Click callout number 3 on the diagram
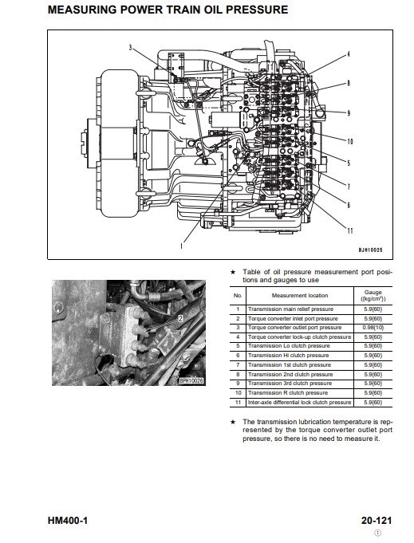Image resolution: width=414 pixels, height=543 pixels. coord(131,48)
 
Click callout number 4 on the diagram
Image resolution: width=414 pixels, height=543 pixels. coord(349,54)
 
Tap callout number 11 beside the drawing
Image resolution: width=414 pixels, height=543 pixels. coord(350,230)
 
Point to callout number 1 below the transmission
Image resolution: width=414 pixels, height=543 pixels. coord(181,246)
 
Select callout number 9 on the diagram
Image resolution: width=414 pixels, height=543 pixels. coord(349,113)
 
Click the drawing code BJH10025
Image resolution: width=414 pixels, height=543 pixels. coord(370,250)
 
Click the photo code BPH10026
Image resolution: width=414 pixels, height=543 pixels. coord(192,381)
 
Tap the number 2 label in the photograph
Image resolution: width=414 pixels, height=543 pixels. coord(180,319)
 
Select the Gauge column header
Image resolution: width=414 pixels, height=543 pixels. coord(373,295)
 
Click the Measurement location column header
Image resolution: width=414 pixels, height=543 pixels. coord(300,295)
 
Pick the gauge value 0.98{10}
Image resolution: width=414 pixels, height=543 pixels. coord(373,328)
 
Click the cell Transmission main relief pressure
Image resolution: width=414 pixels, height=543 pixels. coord(290,309)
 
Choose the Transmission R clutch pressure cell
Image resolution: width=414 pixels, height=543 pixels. coord(287,393)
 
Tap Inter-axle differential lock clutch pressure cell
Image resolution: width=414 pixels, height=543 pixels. coord(299,402)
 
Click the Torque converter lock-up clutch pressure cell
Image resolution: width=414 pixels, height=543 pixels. coord(299,337)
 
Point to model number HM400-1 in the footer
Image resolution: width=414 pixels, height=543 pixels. coord(68,521)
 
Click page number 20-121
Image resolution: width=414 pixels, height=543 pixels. coord(377,521)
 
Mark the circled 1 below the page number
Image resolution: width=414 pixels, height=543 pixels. coord(378,533)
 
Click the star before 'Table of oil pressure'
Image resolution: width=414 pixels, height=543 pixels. coord(233,272)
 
